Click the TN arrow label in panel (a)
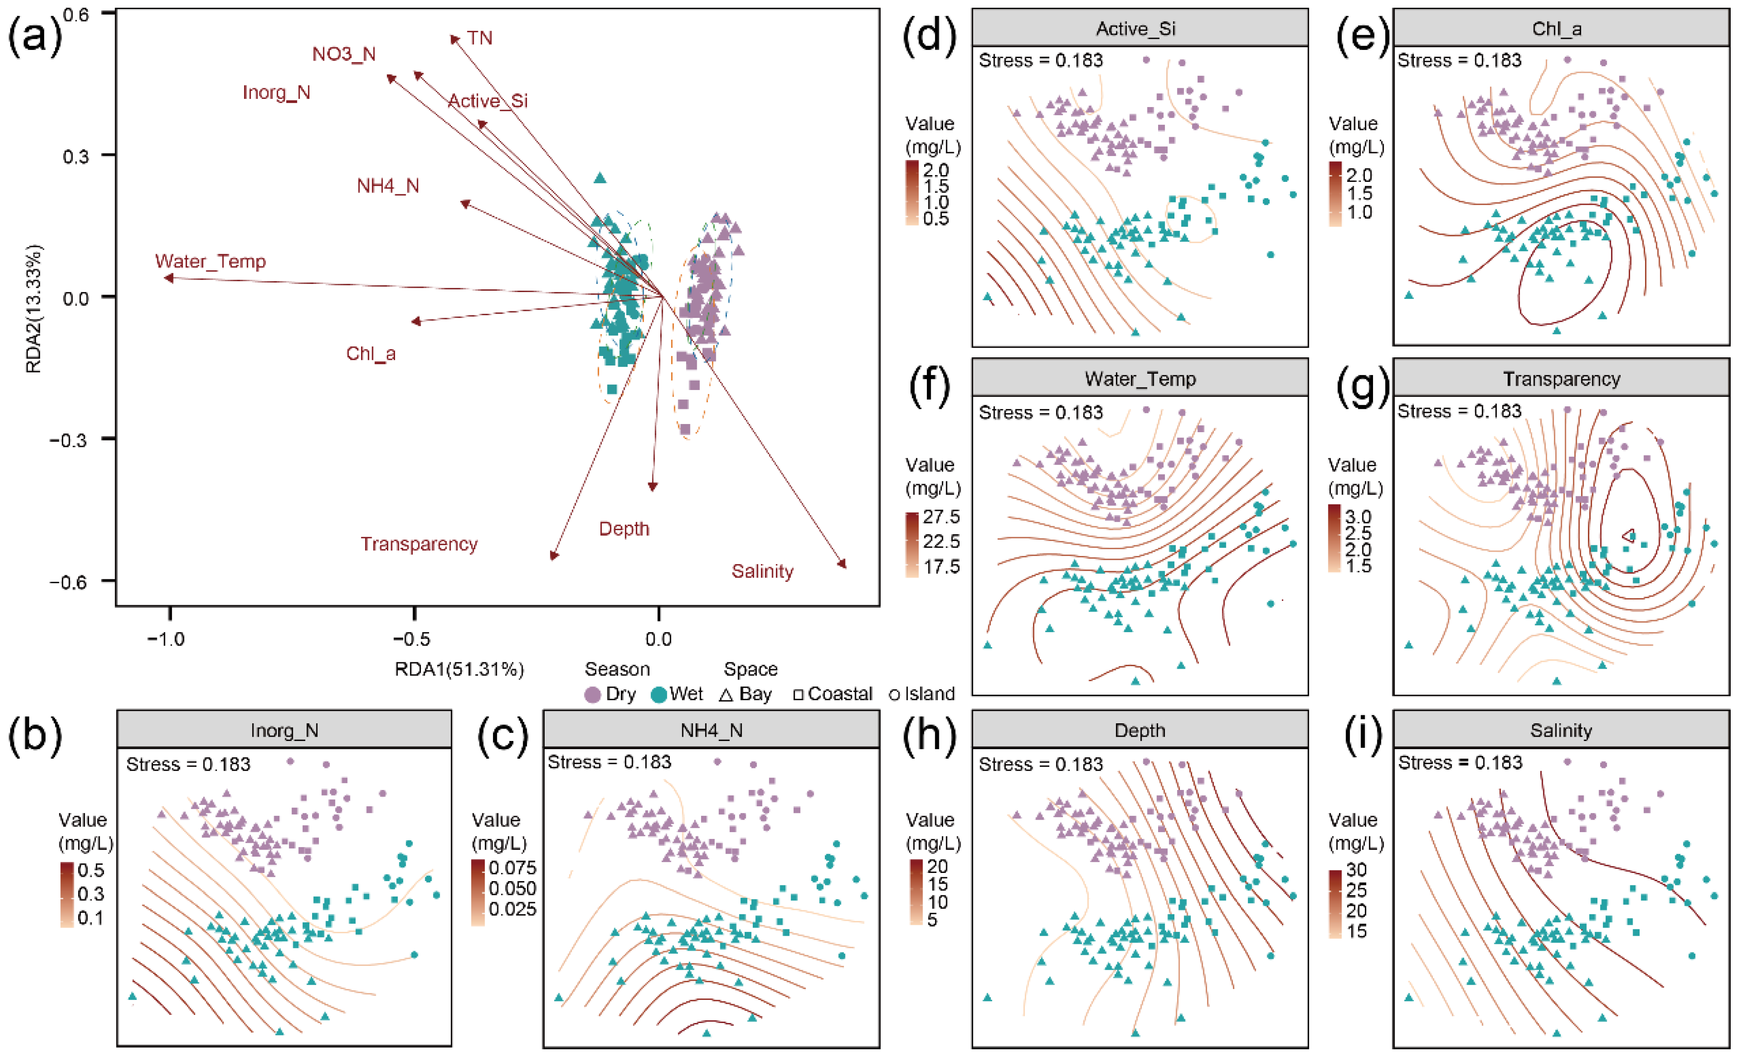(480, 38)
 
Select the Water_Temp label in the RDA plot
(210, 262)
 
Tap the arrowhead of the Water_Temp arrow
(168, 278)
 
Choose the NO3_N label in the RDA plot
(344, 54)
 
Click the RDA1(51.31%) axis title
(459, 670)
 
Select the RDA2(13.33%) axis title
(33, 308)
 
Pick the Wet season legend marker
(659, 695)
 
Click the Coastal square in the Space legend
(798, 695)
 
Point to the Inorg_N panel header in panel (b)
(284, 730)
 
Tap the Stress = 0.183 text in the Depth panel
(1040, 764)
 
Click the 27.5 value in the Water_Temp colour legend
(941, 516)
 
